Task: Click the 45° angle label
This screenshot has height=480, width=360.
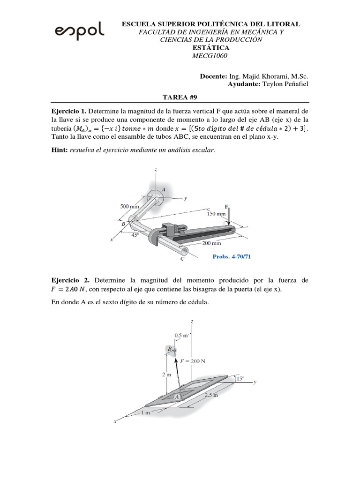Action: [x=135, y=236]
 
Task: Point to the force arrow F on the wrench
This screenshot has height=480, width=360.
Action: [x=228, y=217]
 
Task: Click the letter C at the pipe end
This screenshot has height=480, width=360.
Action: [x=182, y=259]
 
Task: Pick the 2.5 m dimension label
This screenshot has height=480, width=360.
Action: [x=211, y=396]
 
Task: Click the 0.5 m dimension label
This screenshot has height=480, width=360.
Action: [x=181, y=336]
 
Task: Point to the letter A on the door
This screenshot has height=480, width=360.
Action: [x=177, y=397]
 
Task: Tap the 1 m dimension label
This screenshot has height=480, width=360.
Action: [x=146, y=412]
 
